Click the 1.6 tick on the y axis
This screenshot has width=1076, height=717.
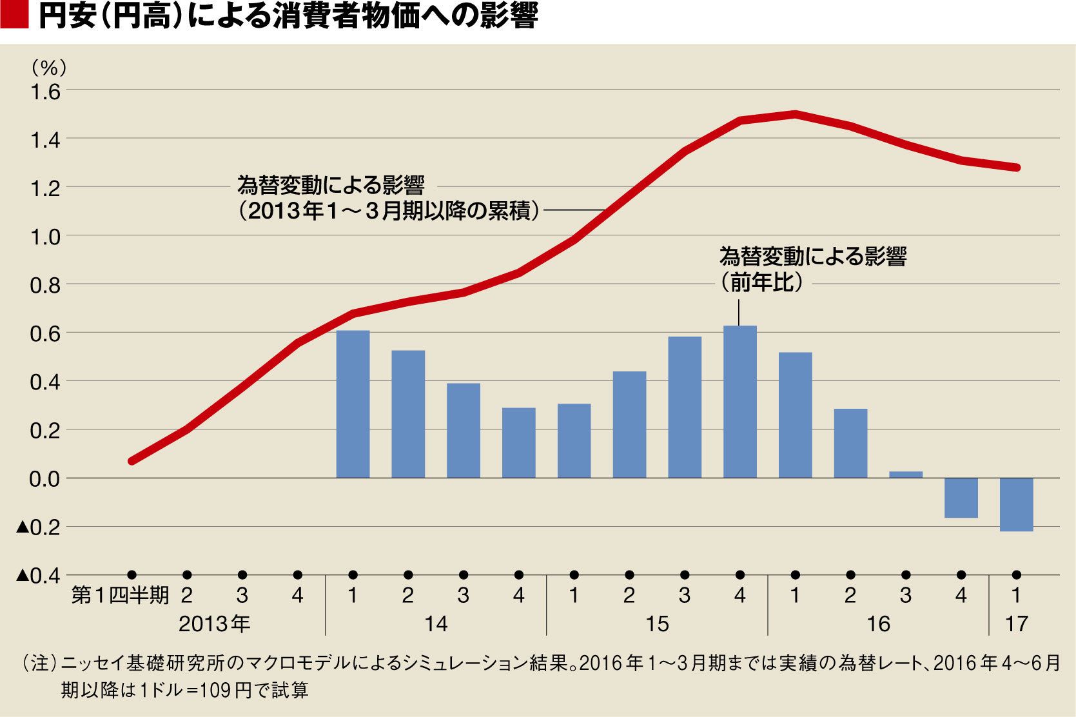(x=45, y=92)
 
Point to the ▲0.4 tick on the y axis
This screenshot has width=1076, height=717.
(x=38, y=575)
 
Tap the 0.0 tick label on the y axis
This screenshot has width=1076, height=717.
(x=45, y=479)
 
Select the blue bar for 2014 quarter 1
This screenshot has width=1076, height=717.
(x=353, y=404)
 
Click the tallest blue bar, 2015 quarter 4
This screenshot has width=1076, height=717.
(x=740, y=402)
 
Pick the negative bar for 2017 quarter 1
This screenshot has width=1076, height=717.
(x=1017, y=504)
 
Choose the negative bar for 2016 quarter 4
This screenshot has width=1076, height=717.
(x=961, y=498)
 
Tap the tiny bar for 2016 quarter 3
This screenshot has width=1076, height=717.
(x=906, y=475)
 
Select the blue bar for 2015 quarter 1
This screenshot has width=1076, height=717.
(x=574, y=441)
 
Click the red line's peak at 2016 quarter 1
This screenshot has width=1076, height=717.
(x=795, y=114)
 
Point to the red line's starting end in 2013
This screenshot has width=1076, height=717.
(x=132, y=461)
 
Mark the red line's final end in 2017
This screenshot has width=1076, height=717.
(x=1017, y=168)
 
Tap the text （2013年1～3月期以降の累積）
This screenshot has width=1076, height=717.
(x=389, y=211)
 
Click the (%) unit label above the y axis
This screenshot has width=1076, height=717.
(x=49, y=66)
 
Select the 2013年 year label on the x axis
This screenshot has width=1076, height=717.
(x=214, y=624)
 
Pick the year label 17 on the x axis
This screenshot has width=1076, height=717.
(x=1017, y=624)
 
